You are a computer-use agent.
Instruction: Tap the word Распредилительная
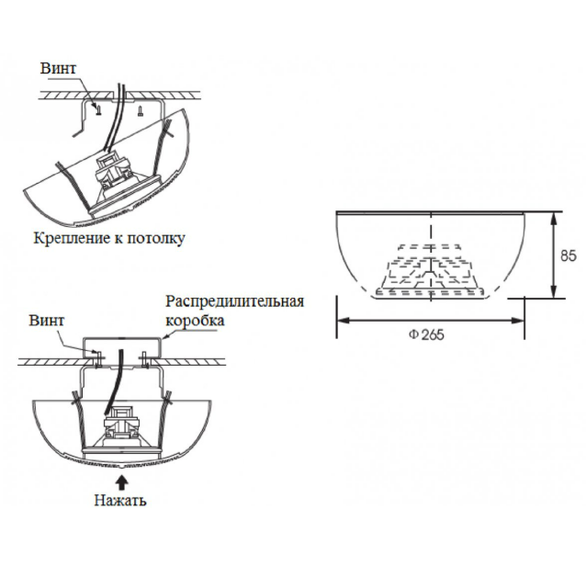pyautogui.click(x=233, y=301)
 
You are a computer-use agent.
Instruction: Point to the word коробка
pyautogui.click(x=194, y=321)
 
